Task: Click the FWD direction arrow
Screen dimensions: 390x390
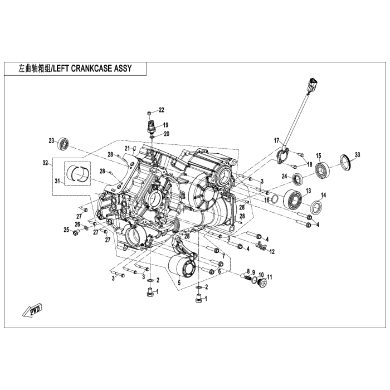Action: click(32, 310)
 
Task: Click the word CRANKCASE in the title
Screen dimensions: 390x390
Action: click(91, 69)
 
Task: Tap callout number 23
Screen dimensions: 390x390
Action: click(51, 141)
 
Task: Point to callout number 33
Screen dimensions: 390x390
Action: click(357, 155)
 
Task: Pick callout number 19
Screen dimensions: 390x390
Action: click(165, 125)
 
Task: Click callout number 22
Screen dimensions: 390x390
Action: click(162, 110)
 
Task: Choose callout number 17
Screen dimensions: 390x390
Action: click(276, 141)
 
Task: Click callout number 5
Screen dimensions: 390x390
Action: click(179, 282)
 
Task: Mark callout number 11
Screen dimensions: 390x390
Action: click(270, 277)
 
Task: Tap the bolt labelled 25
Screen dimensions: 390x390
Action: click(75, 233)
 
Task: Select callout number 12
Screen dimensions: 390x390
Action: click(272, 252)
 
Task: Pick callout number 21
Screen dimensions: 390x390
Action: click(128, 149)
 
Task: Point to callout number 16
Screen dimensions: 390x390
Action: click(267, 200)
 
